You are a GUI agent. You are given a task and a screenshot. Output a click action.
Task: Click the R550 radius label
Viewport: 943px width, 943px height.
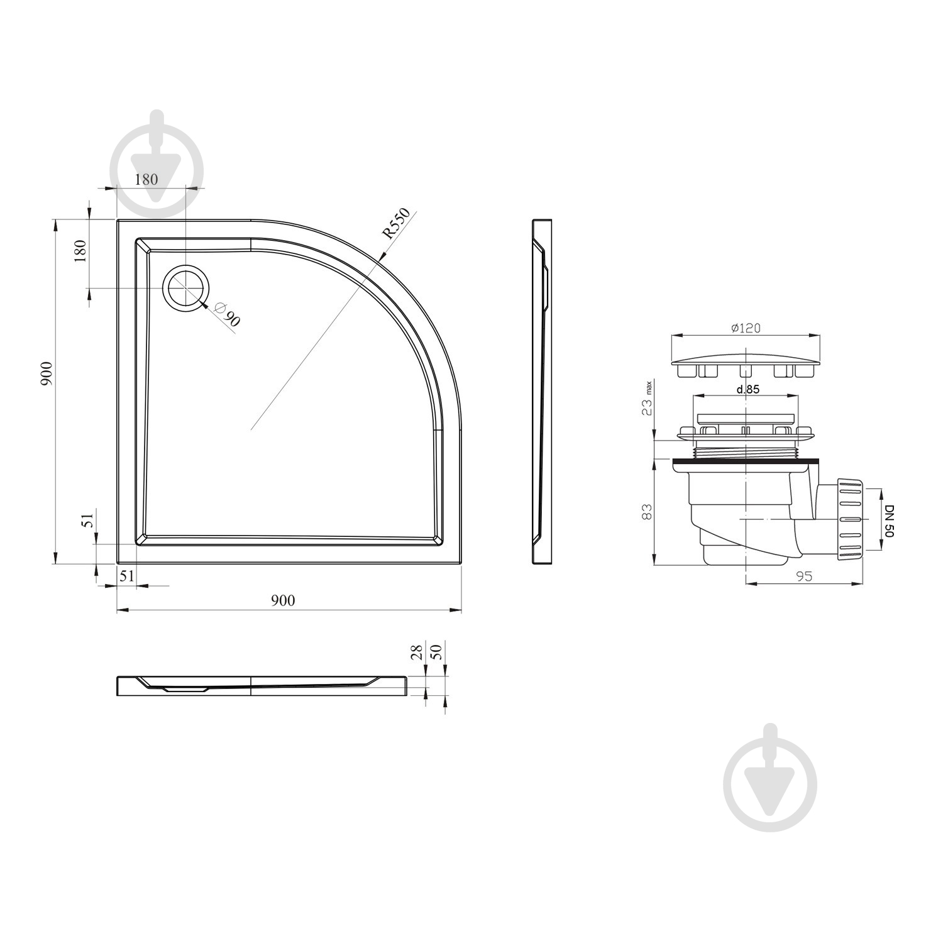(396, 223)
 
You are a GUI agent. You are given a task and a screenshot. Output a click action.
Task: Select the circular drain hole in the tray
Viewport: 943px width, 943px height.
(185, 288)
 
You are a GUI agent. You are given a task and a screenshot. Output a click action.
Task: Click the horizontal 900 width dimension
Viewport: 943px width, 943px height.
(283, 600)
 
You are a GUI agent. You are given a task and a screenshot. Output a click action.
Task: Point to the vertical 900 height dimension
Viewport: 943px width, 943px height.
(48, 374)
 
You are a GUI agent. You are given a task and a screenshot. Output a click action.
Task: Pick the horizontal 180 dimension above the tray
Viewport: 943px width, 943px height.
(146, 179)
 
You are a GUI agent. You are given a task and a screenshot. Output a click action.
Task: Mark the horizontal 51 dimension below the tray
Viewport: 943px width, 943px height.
(127, 576)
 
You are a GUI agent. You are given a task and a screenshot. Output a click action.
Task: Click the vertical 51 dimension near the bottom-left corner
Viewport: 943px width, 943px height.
(89, 519)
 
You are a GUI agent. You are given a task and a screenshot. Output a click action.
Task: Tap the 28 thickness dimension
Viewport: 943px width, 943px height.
(417, 652)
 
